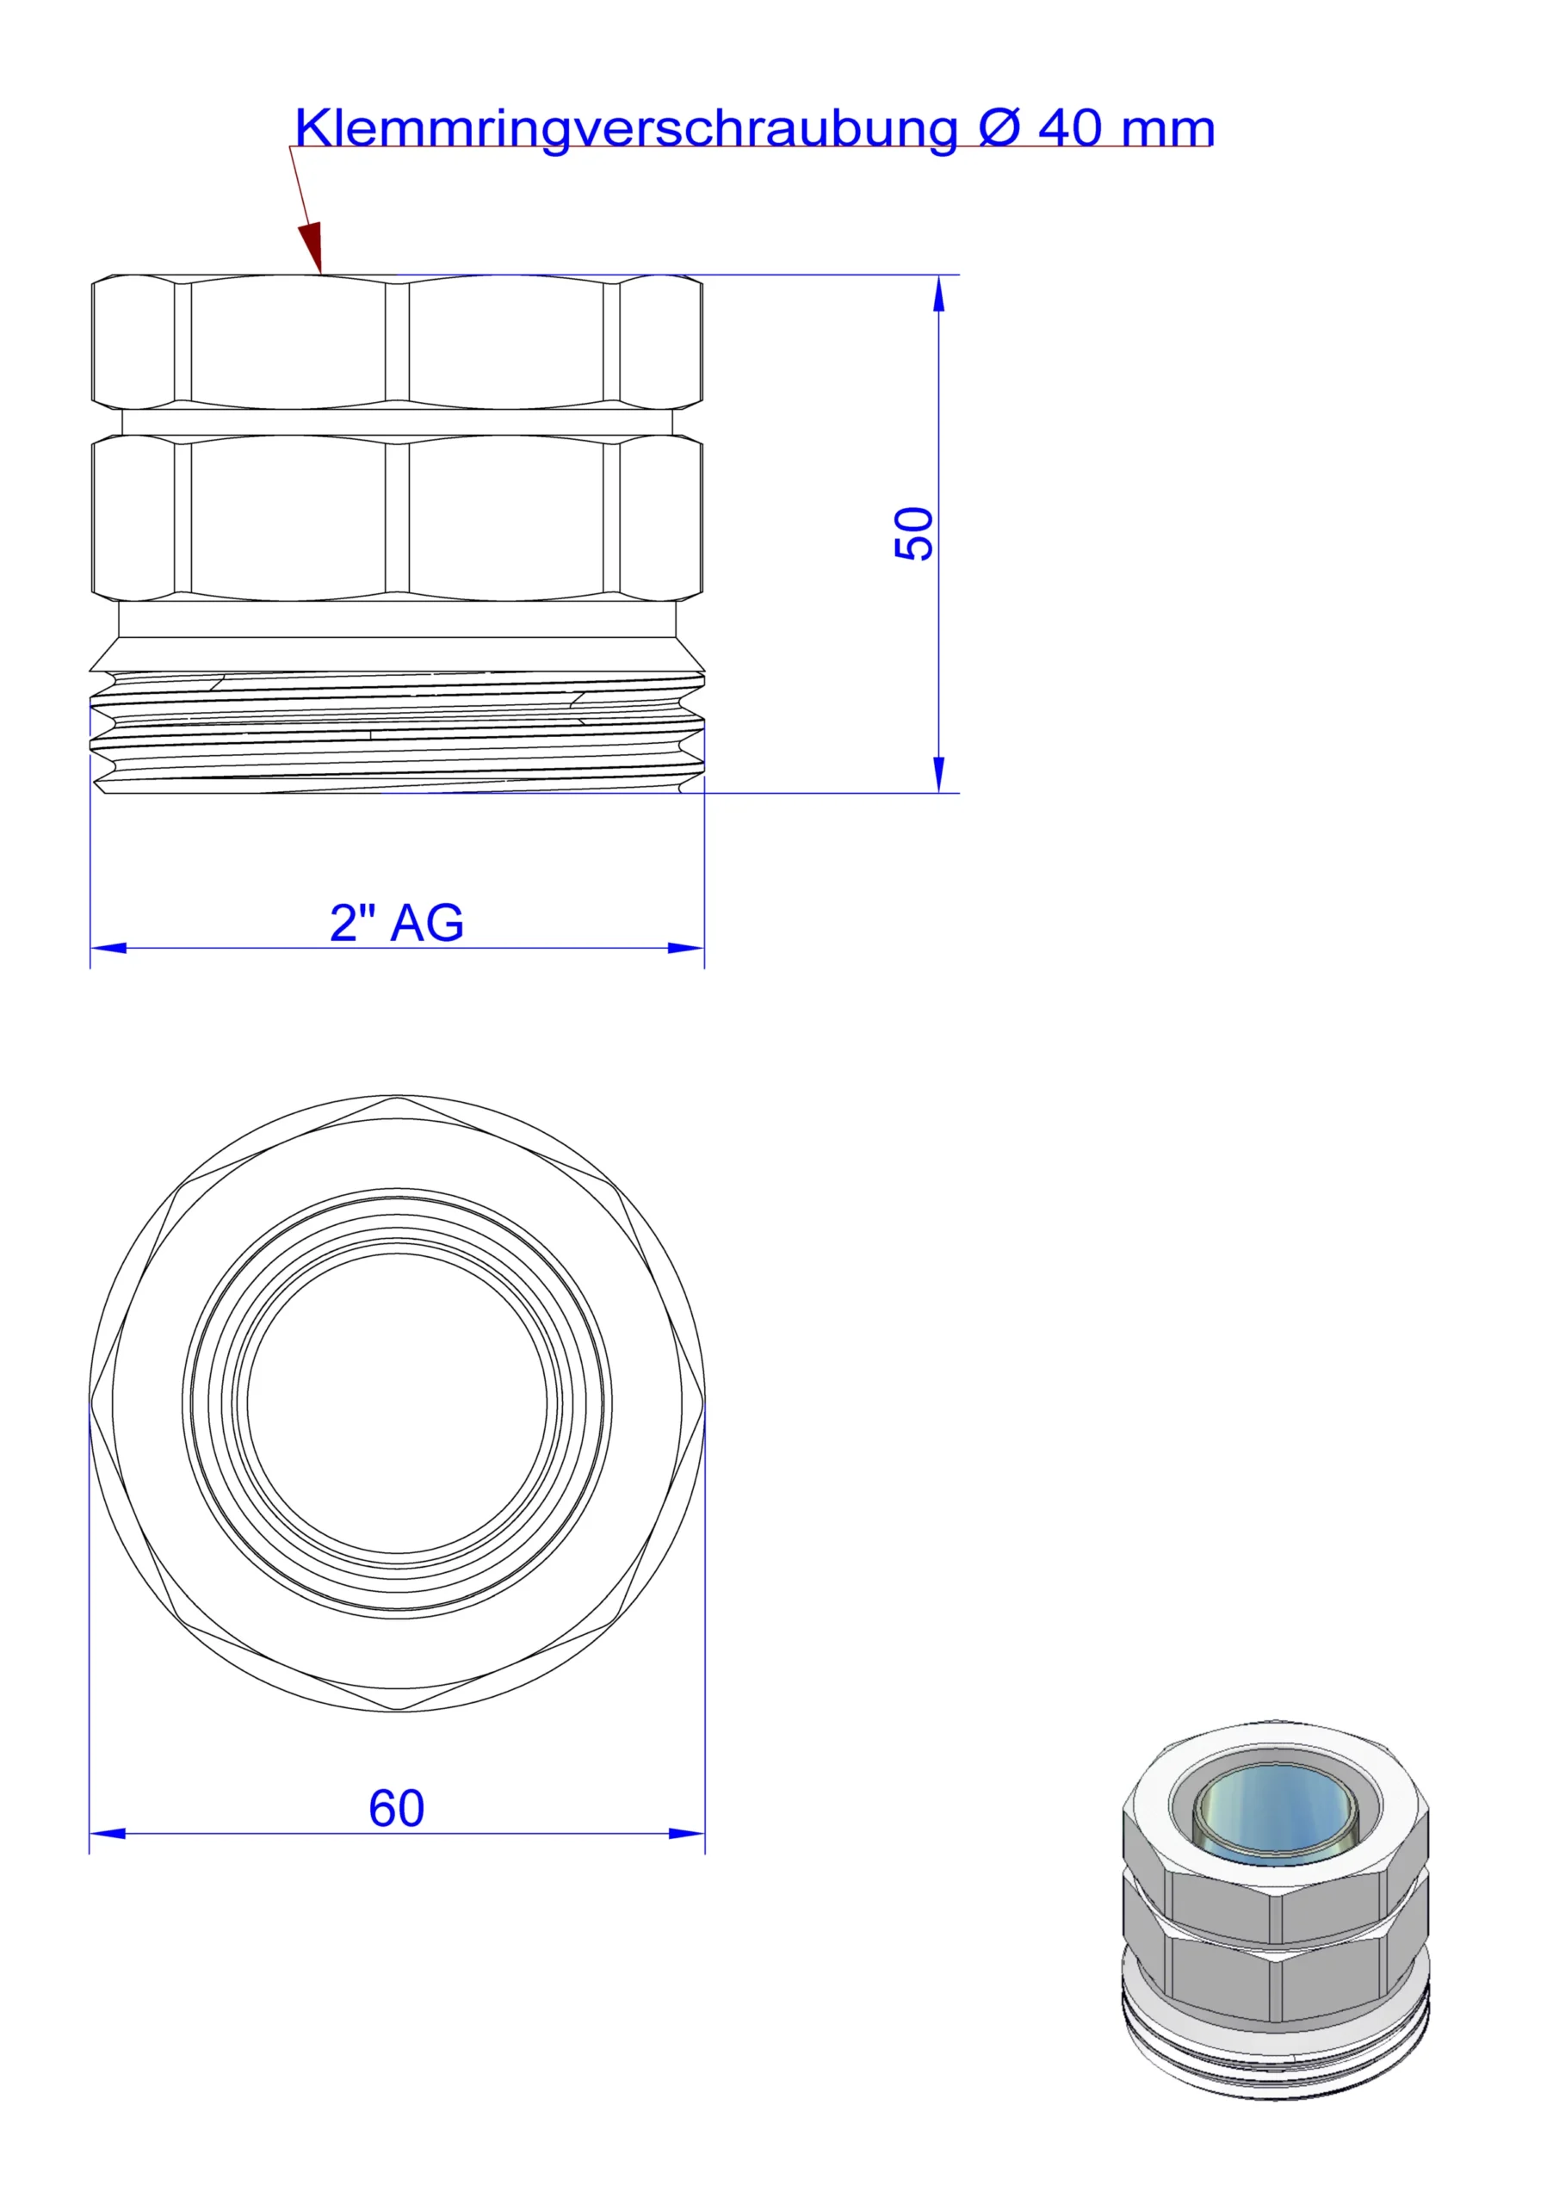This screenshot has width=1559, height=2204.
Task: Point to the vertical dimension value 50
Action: pyautogui.click(x=913, y=534)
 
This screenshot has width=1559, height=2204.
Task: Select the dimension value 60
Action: pyautogui.click(x=397, y=1809)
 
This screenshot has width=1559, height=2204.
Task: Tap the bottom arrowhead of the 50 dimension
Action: pyautogui.click(x=939, y=776)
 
